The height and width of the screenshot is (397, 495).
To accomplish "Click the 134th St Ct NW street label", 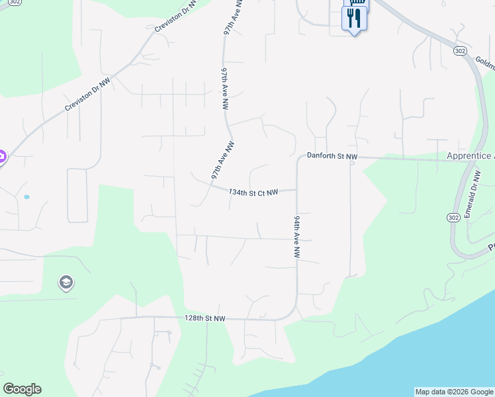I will coord(252,193).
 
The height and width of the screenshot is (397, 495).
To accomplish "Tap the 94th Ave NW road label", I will coord(297,236).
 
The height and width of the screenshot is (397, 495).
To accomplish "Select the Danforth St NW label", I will coord(332,157).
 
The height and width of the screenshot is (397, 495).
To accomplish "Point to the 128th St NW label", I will coord(205,318).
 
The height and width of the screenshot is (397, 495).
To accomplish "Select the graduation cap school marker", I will coord(66,283).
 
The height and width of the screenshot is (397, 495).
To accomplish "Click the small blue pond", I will coord(26,197).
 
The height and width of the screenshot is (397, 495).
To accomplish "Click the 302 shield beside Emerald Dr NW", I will coord(453,217).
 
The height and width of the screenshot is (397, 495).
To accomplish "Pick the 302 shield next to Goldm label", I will coord(461,50).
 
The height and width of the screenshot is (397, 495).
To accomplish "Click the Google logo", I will coord(22,389).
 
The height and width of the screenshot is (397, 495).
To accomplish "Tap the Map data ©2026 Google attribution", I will coord(453,392).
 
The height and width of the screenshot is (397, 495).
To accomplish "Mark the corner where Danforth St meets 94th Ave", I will coord(298,159).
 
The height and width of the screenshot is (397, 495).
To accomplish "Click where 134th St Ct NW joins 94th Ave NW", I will coord(296,190).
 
